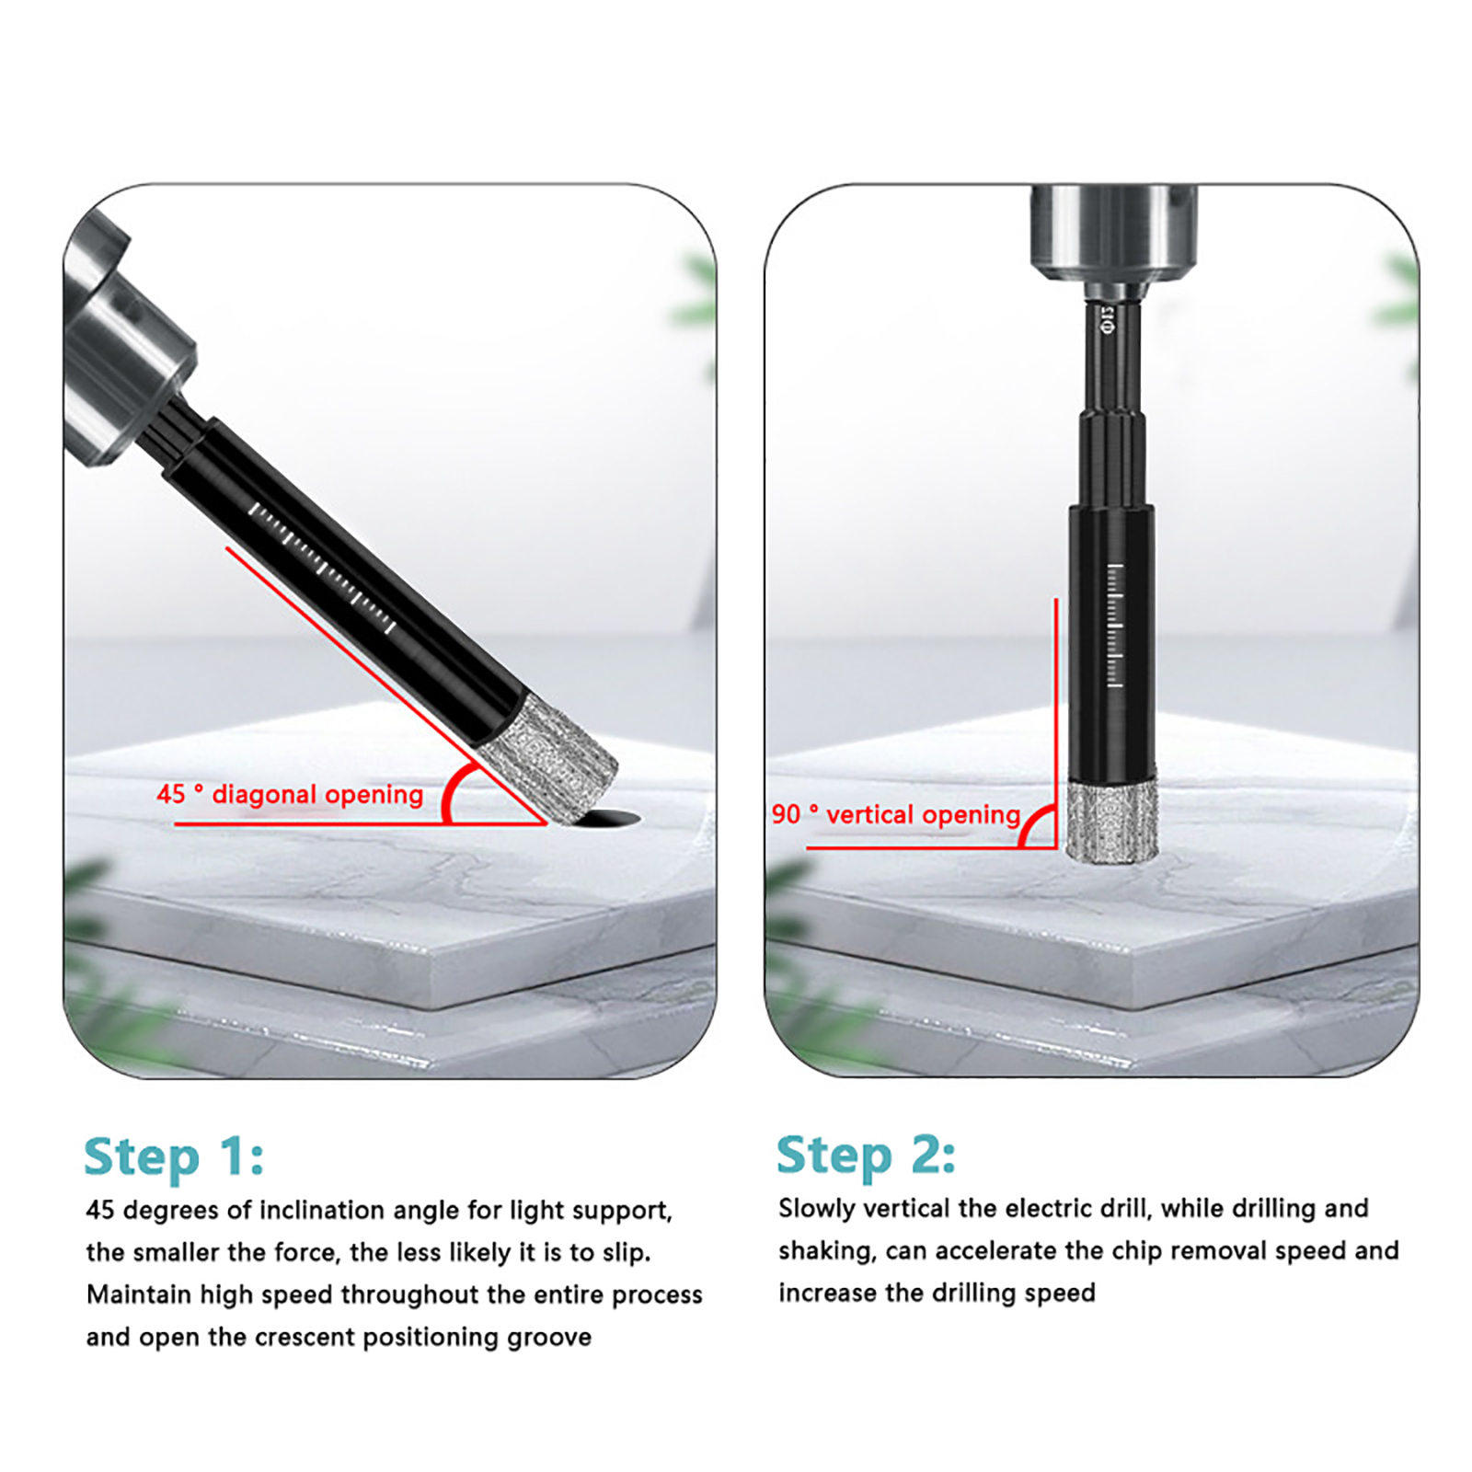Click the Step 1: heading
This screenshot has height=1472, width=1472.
pyautogui.click(x=174, y=1157)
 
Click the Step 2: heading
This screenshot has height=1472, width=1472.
pyautogui.click(x=866, y=1156)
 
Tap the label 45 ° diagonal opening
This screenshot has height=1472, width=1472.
pyautogui.click(x=290, y=794)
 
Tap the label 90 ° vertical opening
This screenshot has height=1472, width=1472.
pyautogui.click(x=896, y=814)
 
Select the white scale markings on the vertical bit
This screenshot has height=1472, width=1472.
pyautogui.click(x=1115, y=626)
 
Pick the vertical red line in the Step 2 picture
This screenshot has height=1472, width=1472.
pyautogui.click(x=1056, y=722)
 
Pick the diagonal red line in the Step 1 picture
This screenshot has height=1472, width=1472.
pyautogui.click(x=386, y=685)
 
